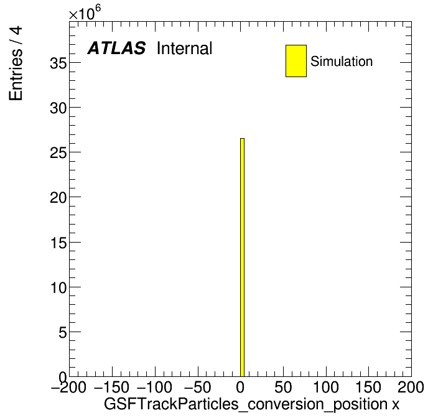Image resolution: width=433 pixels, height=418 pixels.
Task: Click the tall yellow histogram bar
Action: coord(242,258)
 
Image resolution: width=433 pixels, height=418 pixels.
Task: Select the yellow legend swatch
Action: coord(296,61)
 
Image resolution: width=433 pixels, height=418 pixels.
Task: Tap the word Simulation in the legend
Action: coord(342,61)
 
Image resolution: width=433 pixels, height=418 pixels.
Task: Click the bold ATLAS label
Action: coord(116,48)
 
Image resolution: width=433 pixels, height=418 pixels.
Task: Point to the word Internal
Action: coord(185,48)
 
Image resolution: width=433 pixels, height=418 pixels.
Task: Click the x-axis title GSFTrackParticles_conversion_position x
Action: coord(251,404)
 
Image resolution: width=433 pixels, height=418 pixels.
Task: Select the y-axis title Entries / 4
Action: coord(16,63)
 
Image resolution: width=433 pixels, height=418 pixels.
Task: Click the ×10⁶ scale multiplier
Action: coord(85,13)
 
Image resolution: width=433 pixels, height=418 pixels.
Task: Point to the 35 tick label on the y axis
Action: coord(58,63)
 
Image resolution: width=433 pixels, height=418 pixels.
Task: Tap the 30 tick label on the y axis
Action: coord(58,108)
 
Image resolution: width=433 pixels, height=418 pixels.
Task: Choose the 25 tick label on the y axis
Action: coord(58,152)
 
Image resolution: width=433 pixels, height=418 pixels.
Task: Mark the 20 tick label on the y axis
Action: coord(58,198)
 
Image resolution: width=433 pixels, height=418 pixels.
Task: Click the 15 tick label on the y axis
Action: coord(58,243)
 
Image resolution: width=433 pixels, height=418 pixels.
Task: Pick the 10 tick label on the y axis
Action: coord(58,287)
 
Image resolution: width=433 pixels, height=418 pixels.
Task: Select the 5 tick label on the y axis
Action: coord(63,332)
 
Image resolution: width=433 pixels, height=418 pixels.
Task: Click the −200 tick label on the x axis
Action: coord(68,387)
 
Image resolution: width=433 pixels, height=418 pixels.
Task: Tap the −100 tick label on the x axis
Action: coord(154,387)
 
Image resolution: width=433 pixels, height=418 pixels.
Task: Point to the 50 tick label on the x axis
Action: coord(283,387)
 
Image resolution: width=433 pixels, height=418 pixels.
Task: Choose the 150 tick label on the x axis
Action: coord(368,387)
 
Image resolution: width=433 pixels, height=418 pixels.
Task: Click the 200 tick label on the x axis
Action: coord(411,387)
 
